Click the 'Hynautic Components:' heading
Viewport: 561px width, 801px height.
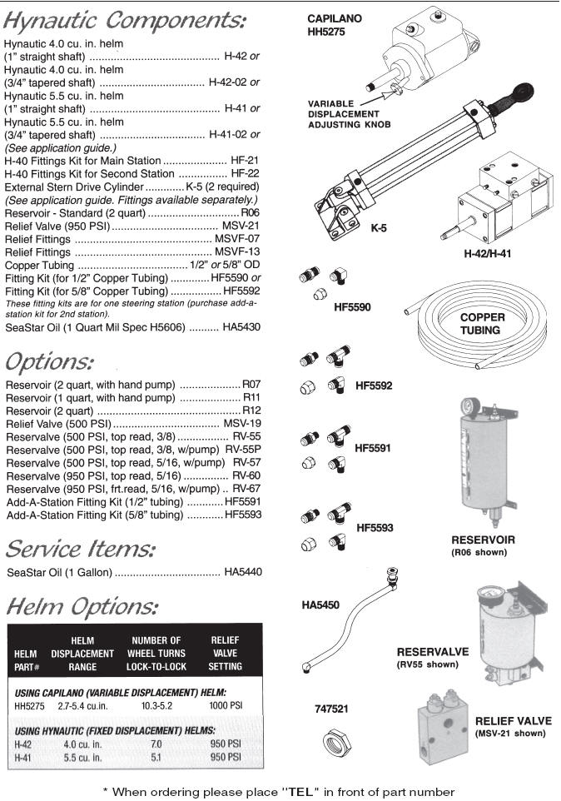point(125,20)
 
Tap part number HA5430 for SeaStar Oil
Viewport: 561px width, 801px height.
point(242,327)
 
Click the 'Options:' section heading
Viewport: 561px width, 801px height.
point(50,363)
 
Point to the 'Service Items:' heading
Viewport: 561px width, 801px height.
point(81,550)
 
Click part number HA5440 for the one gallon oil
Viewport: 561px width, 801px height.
point(242,573)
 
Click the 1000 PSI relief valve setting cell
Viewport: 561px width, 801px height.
point(226,705)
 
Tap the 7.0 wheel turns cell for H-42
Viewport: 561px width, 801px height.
point(156,744)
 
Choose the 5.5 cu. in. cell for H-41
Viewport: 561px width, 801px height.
point(82,758)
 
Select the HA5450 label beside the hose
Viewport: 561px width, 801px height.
point(320,605)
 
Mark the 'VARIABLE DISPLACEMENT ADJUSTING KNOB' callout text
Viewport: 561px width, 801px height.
point(350,113)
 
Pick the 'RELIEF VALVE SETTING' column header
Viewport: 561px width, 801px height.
point(226,653)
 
